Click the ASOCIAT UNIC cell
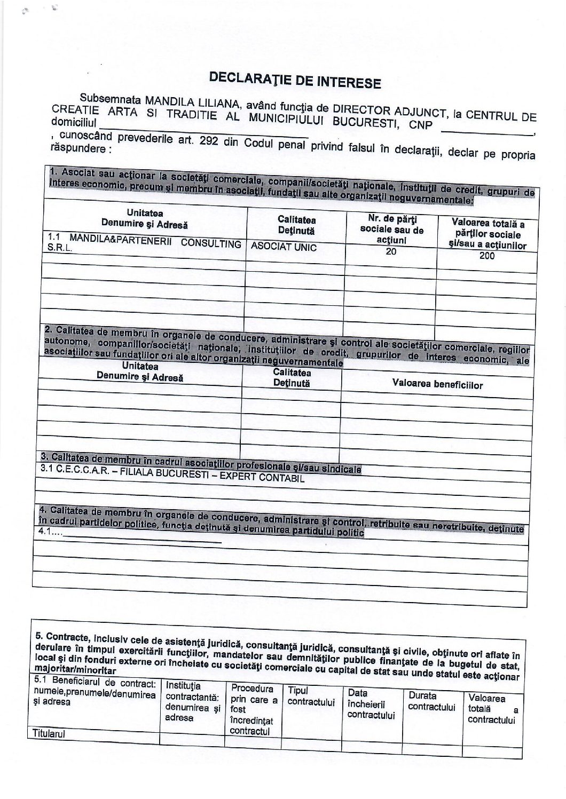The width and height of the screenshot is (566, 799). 284,247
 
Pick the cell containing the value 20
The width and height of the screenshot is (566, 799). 391,251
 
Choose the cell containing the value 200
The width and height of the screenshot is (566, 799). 487,256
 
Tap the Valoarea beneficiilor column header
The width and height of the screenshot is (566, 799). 437,384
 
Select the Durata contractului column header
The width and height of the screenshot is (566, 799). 431,701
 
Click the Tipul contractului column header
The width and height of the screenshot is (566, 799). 310,696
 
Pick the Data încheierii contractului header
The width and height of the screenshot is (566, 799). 371,704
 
